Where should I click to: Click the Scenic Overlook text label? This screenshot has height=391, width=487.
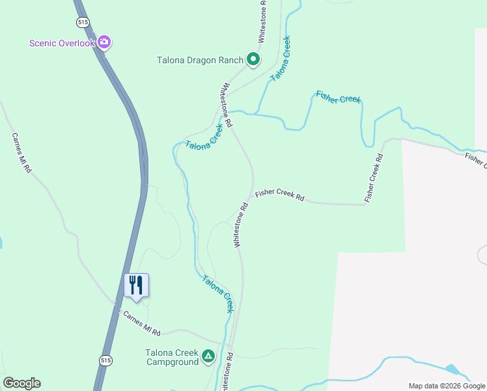tap(63, 44)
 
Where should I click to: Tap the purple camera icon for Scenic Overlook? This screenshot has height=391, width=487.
tap(104, 43)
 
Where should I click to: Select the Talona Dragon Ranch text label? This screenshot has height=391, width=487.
tap(200, 61)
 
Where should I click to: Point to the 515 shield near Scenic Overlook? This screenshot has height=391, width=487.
tap(82, 22)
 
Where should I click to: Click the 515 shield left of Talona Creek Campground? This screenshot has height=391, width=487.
tap(106, 360)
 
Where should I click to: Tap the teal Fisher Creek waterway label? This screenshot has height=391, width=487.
tap(338, 98)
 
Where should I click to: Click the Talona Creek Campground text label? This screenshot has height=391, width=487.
tap(172, 357)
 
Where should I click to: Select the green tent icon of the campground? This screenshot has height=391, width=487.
tap(208, 356)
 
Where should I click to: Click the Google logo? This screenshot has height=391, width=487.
tap(21, 383)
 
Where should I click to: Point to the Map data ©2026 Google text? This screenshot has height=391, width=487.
tap(447, 386)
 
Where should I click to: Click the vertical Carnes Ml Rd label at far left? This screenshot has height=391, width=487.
tap(21, 153)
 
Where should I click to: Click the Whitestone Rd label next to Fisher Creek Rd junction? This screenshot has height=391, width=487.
tap(240, 225)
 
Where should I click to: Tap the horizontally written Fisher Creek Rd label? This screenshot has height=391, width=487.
tap(280, 194)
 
